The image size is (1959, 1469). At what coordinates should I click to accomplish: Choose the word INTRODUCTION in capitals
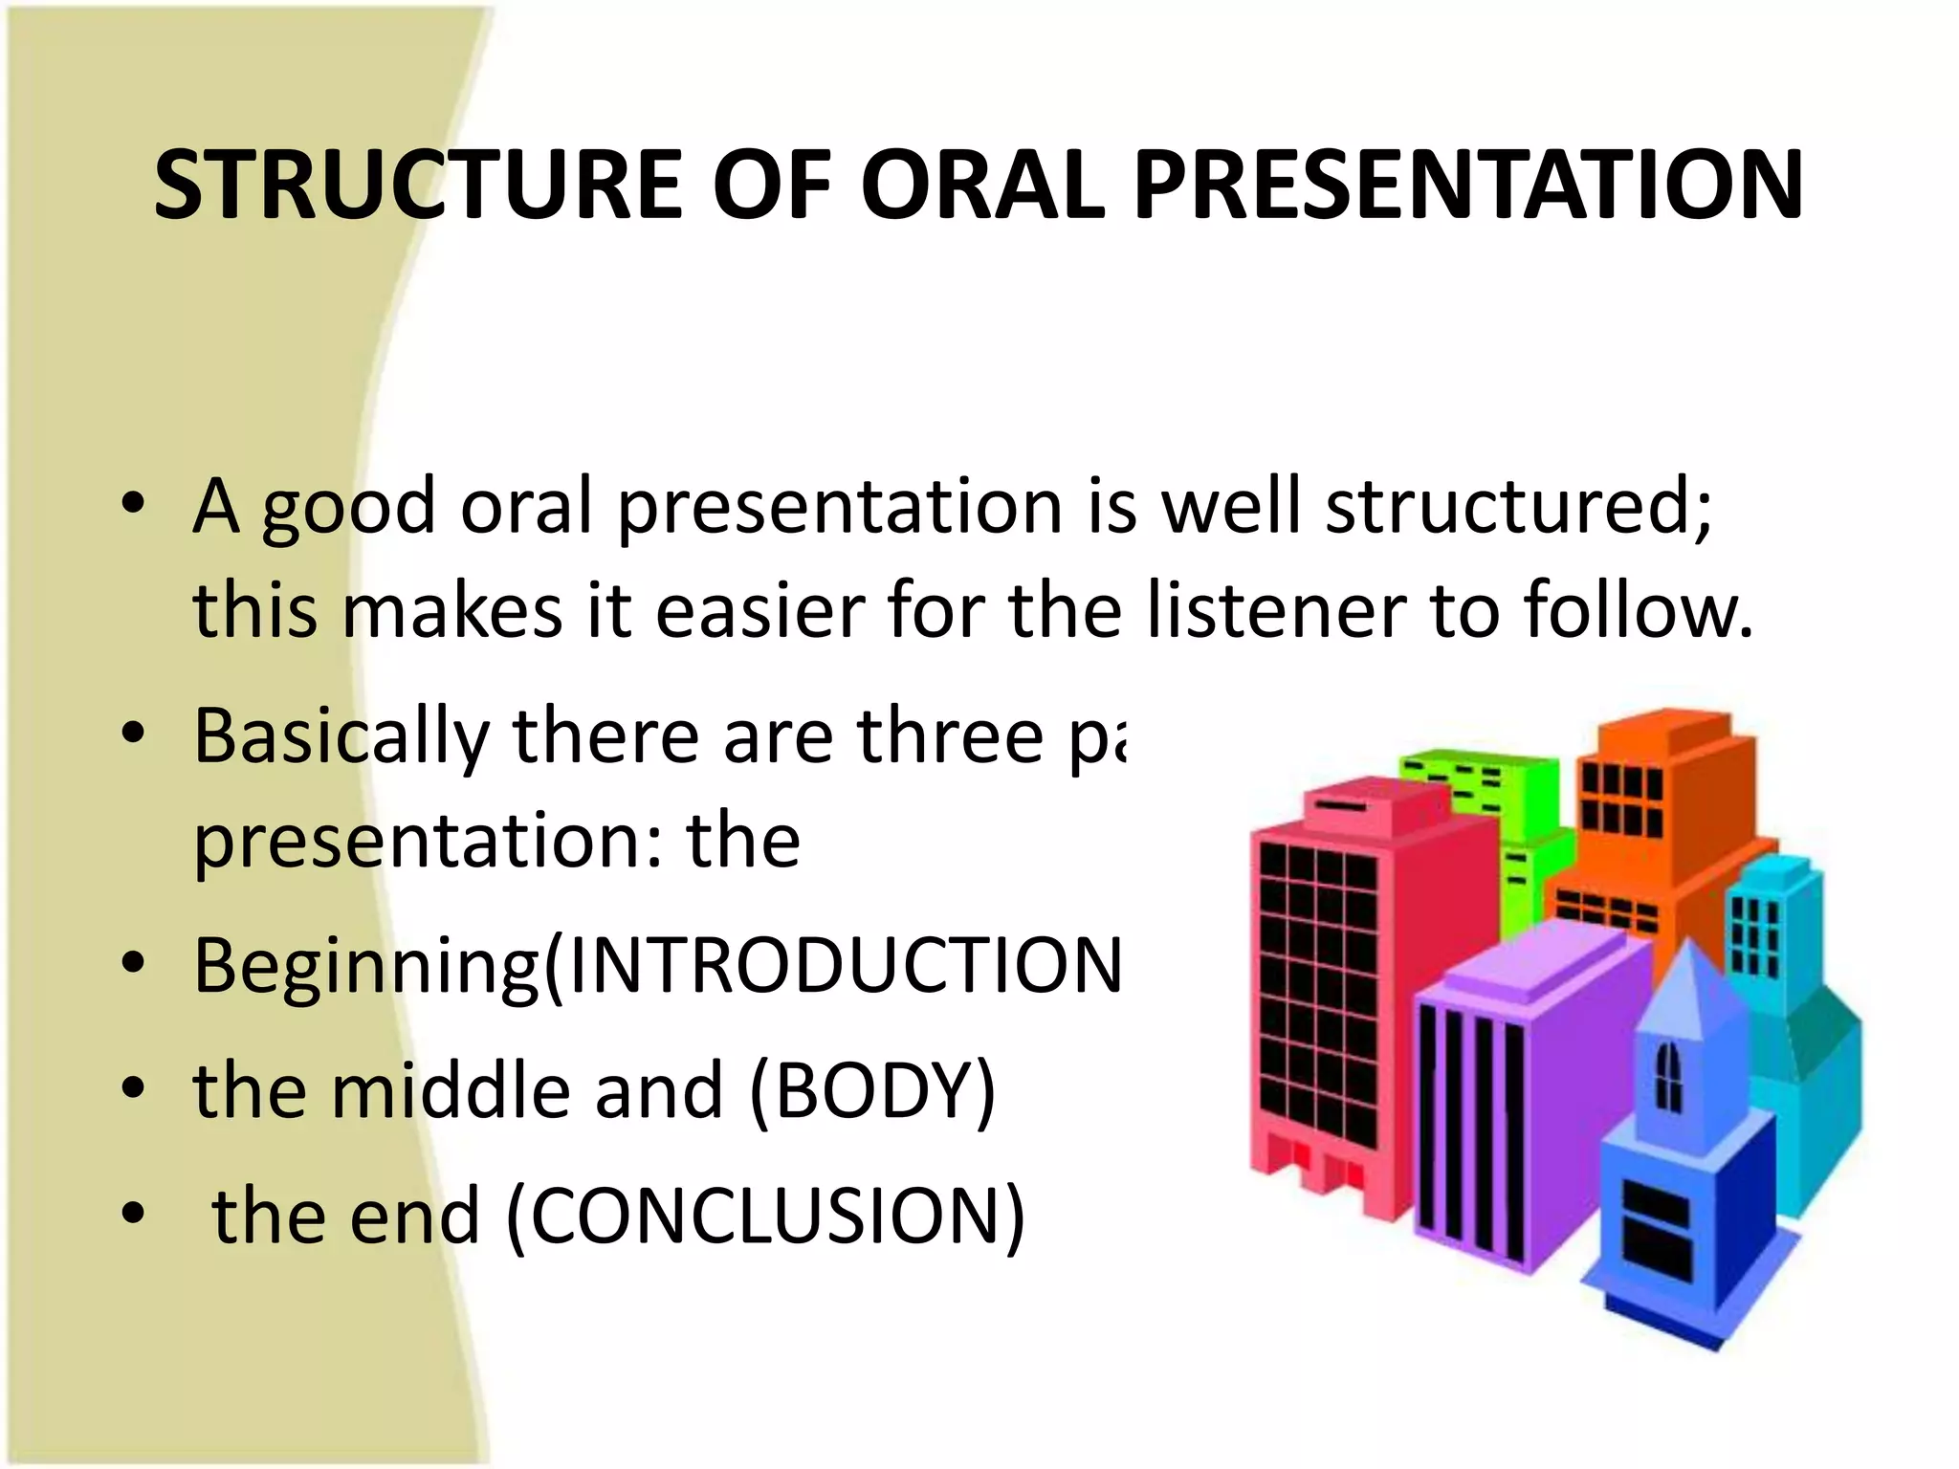point(842,966)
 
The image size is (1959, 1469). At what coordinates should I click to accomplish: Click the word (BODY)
point(872,1092)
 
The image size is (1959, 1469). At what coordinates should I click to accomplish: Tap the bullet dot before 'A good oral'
point(133,504)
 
